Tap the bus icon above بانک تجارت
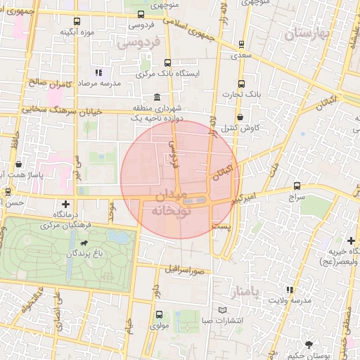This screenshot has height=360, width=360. (x=242, y=83)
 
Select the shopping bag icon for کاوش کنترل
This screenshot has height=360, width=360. (x=241, y=117)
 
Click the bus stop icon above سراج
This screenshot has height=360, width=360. (x=297, y=186)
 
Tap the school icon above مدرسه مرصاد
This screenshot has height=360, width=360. (x=98, y=72)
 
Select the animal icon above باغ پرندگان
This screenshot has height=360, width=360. (x=84, y=243)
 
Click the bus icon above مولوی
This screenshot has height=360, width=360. (x=160, y=314)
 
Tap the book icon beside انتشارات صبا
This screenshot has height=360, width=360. (x=223, y=310)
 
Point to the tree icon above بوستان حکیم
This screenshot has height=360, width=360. (x=309, y=344)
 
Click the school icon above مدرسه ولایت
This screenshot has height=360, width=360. (x=290, y=290)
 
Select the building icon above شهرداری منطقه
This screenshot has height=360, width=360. (x=155, y=98)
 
